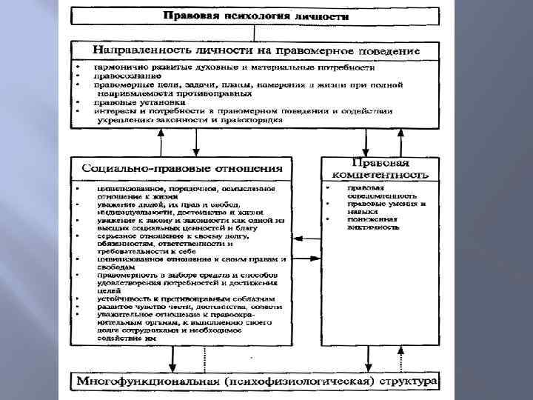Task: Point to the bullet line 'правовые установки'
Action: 133,102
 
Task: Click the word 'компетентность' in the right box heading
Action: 378,175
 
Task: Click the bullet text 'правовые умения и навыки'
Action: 385,207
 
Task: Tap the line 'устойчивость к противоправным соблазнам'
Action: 190,298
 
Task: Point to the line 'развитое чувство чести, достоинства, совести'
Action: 190,305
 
